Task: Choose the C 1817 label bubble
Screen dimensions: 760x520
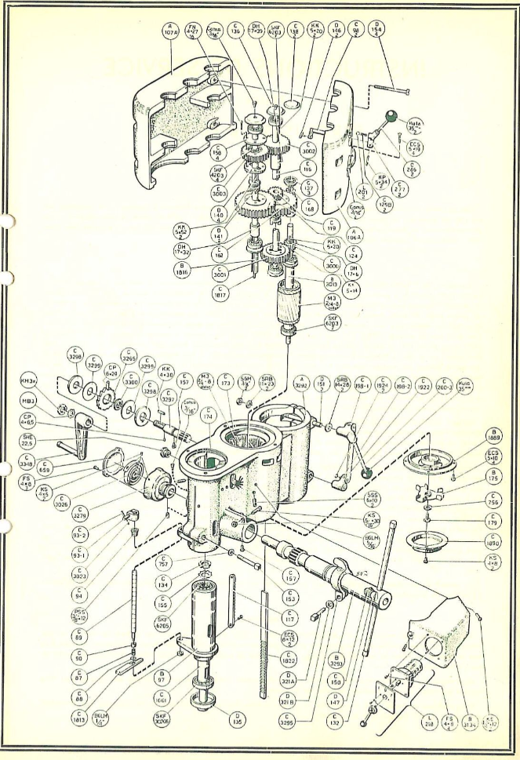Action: click(224, 291)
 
